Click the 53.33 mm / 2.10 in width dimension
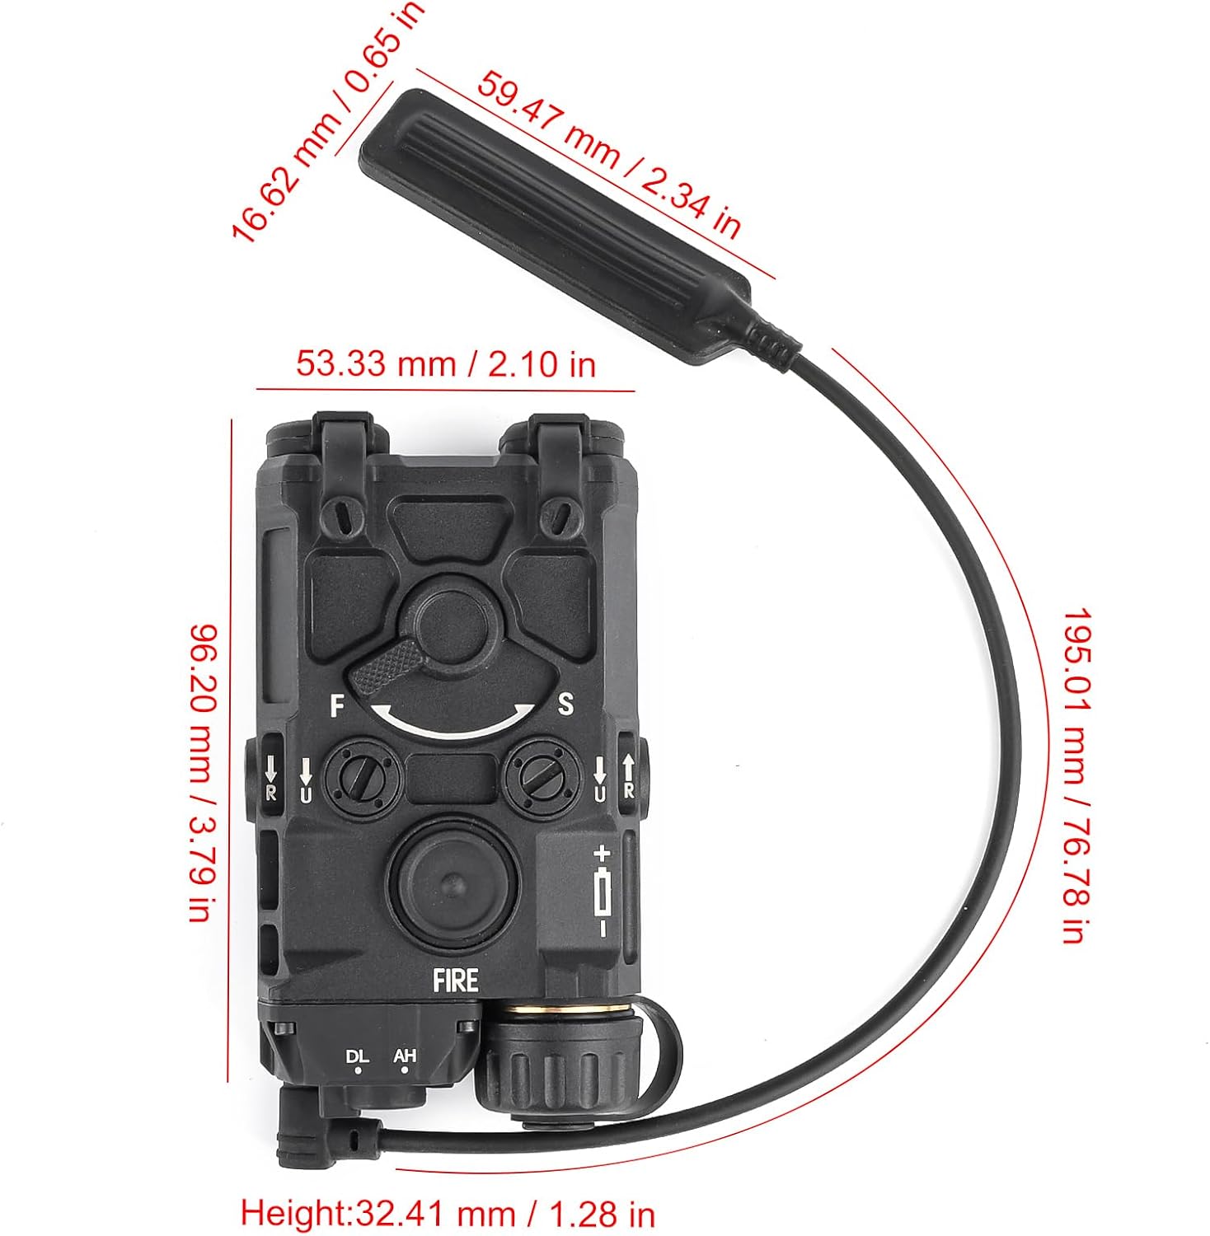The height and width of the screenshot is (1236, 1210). click(x=445, y=363)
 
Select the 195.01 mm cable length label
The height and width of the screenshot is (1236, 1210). click(x=1071, y=775)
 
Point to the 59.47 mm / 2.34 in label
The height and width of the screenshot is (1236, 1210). click(x=610, y=155)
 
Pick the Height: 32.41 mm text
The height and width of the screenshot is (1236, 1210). click(x=448, y=1212)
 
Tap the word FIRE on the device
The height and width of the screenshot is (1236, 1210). click(x=456, y=980)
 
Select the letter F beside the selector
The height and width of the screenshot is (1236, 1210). click(x=336, y=706)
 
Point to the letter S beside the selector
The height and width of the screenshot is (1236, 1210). click(x=565, y=704)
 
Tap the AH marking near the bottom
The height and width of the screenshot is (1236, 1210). click(x=404, y=1056)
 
